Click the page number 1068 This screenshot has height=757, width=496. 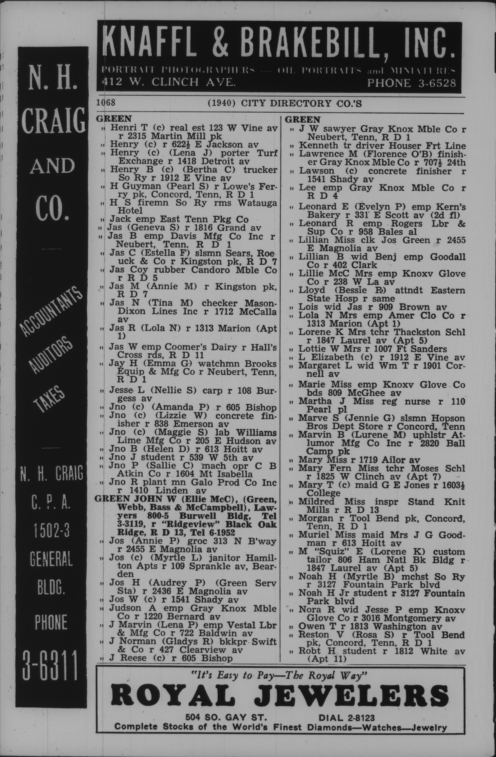click(x=106, y=103)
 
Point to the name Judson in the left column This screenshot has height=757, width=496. click(x=125, y=608)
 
